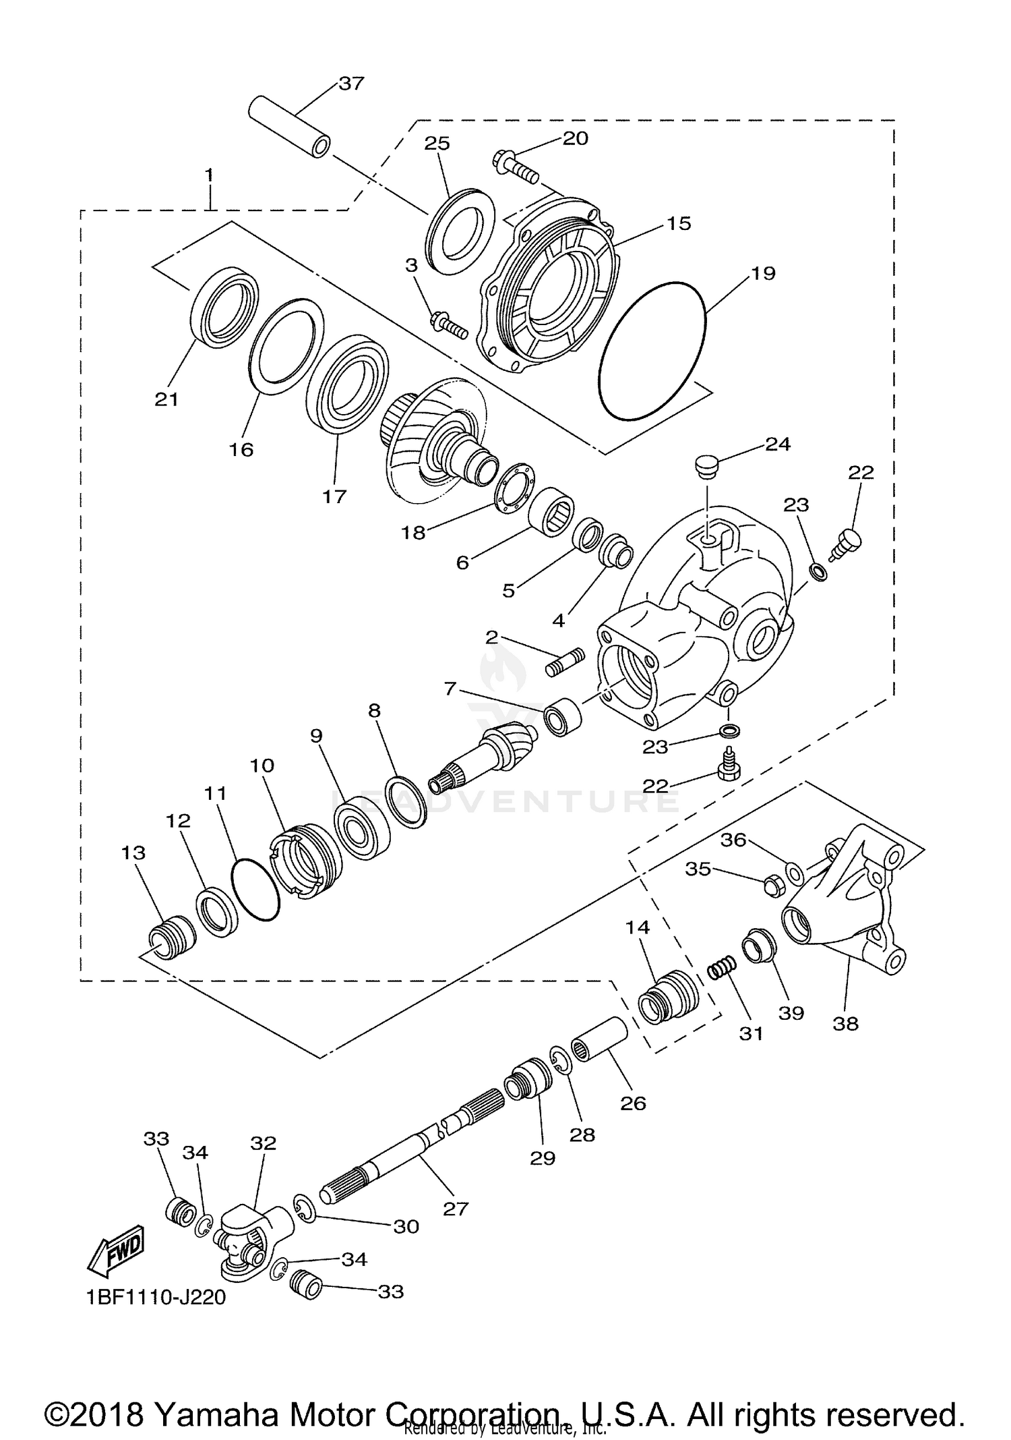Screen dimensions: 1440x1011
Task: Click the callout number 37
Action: (x=351, y=84)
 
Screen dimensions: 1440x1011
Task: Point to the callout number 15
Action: (x=679, y=224)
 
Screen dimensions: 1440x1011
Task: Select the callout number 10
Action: (x=262, y=766)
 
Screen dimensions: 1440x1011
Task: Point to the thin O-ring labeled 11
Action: (x=255, y=890)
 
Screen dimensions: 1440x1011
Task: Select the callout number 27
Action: (x=456, y=1209)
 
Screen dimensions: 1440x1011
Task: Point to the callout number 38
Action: (x=845, y=1023)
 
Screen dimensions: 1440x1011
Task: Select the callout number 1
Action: (x=209, y=175)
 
